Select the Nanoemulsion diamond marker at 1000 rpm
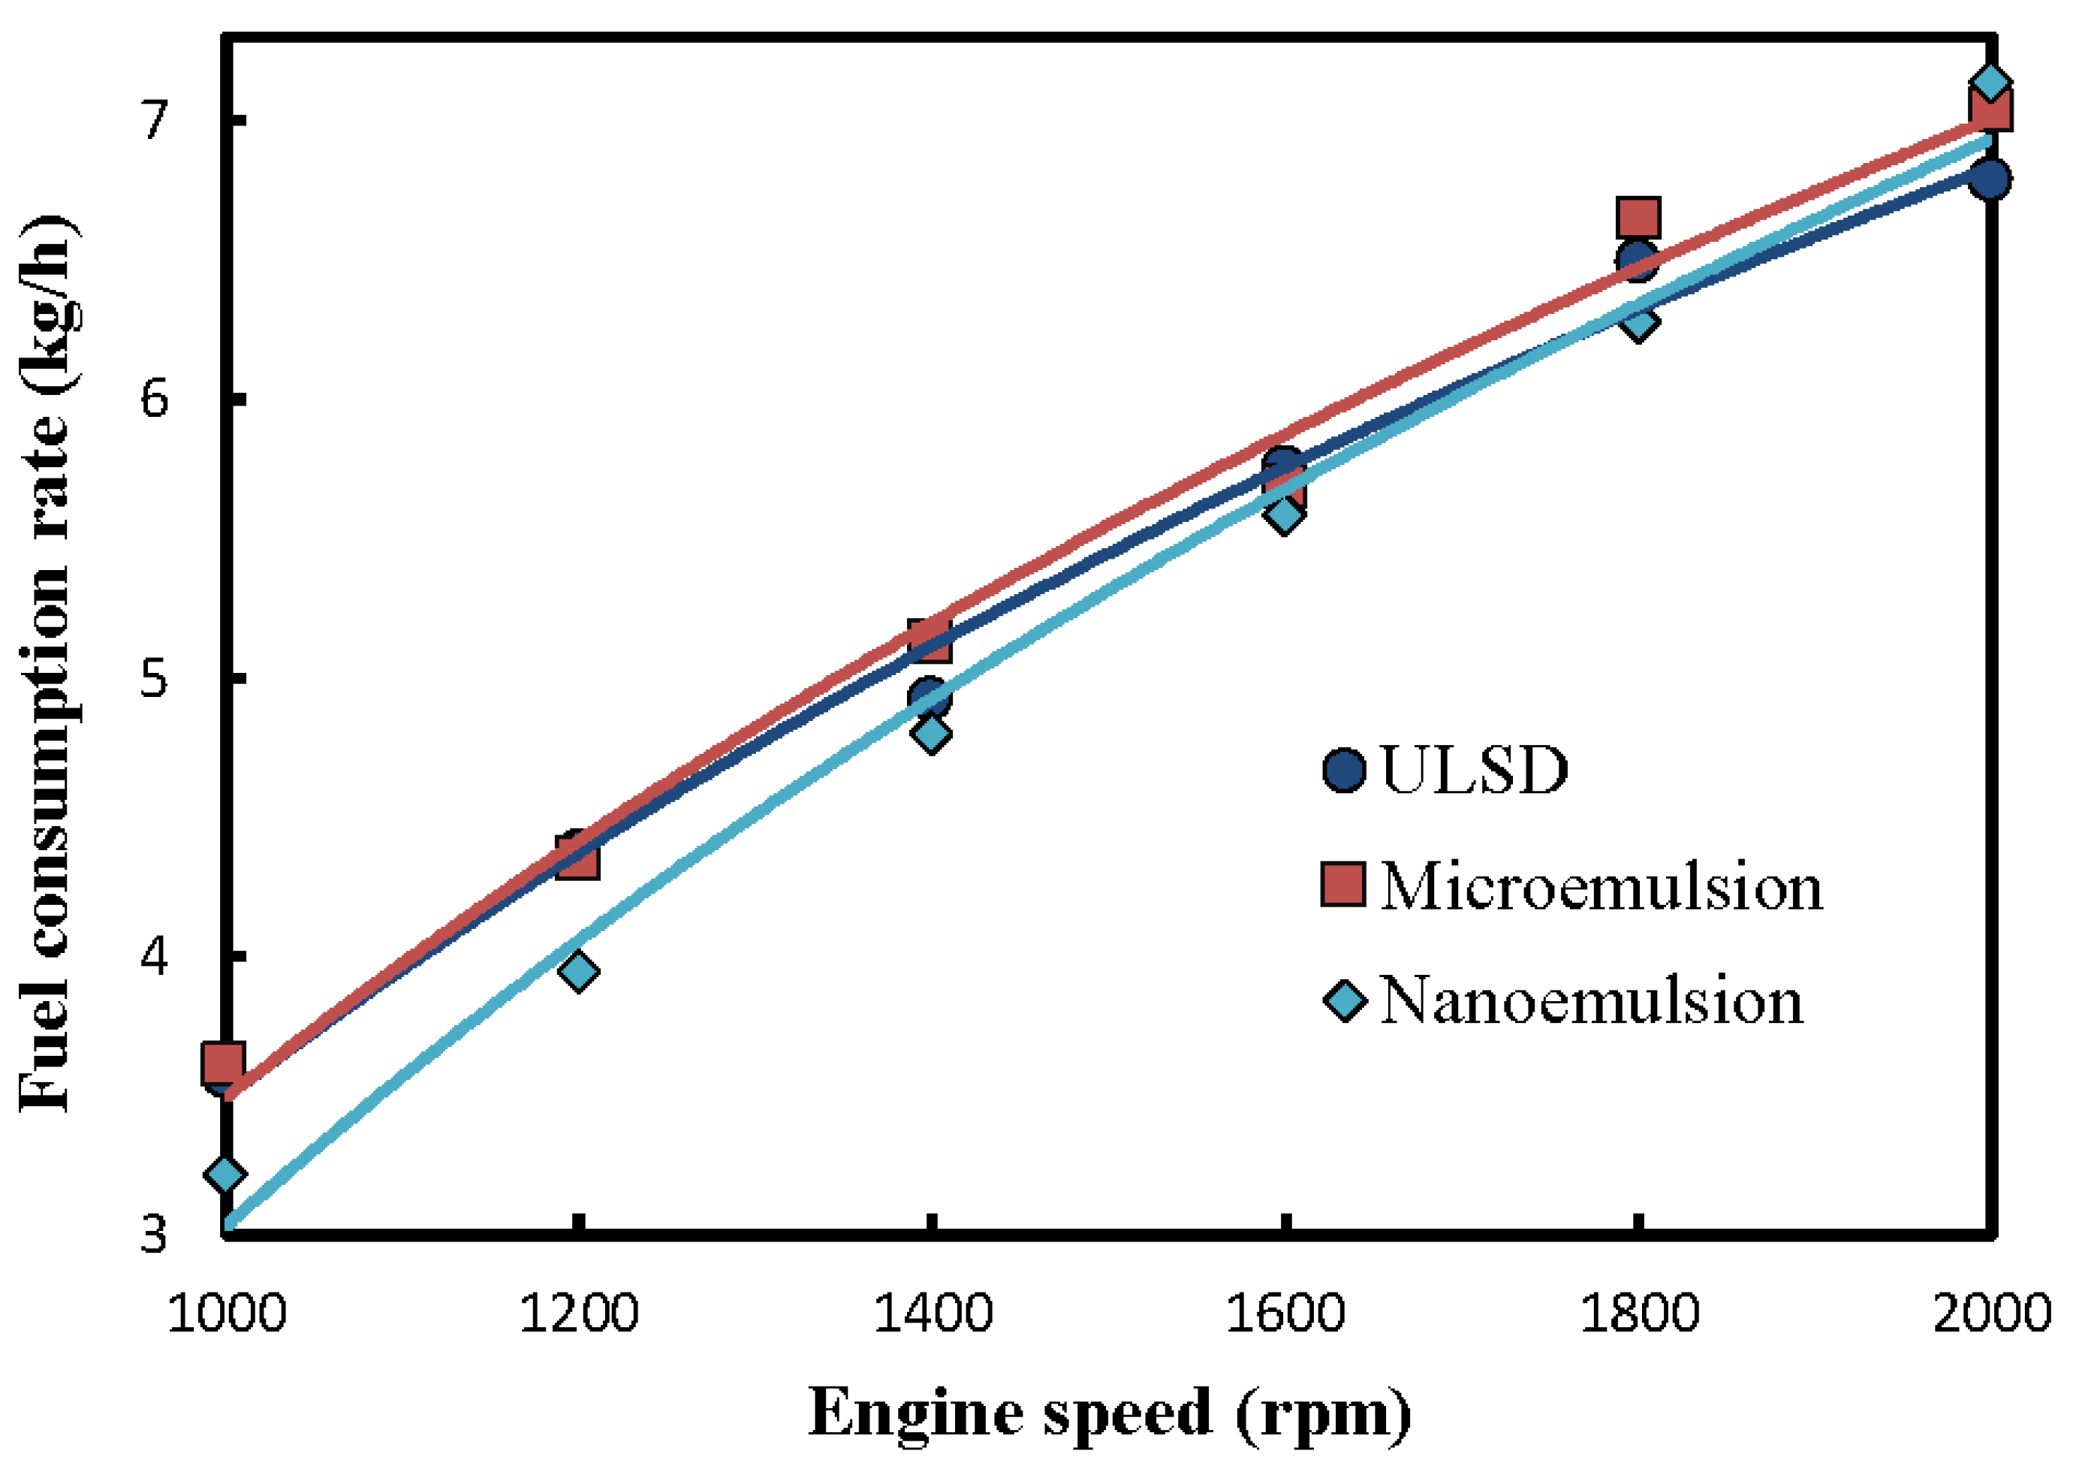[224, 1175]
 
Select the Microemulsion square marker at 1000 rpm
[223, 1063]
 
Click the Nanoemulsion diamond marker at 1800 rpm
[1638, 321]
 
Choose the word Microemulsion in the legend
[1601, 885]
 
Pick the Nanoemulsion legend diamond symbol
[1344, 1001]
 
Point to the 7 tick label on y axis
[155, 120]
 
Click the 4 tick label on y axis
[155, 955]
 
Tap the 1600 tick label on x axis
[1285, 1314]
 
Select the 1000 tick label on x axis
[227, 1314]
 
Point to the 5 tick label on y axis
[155, 678]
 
